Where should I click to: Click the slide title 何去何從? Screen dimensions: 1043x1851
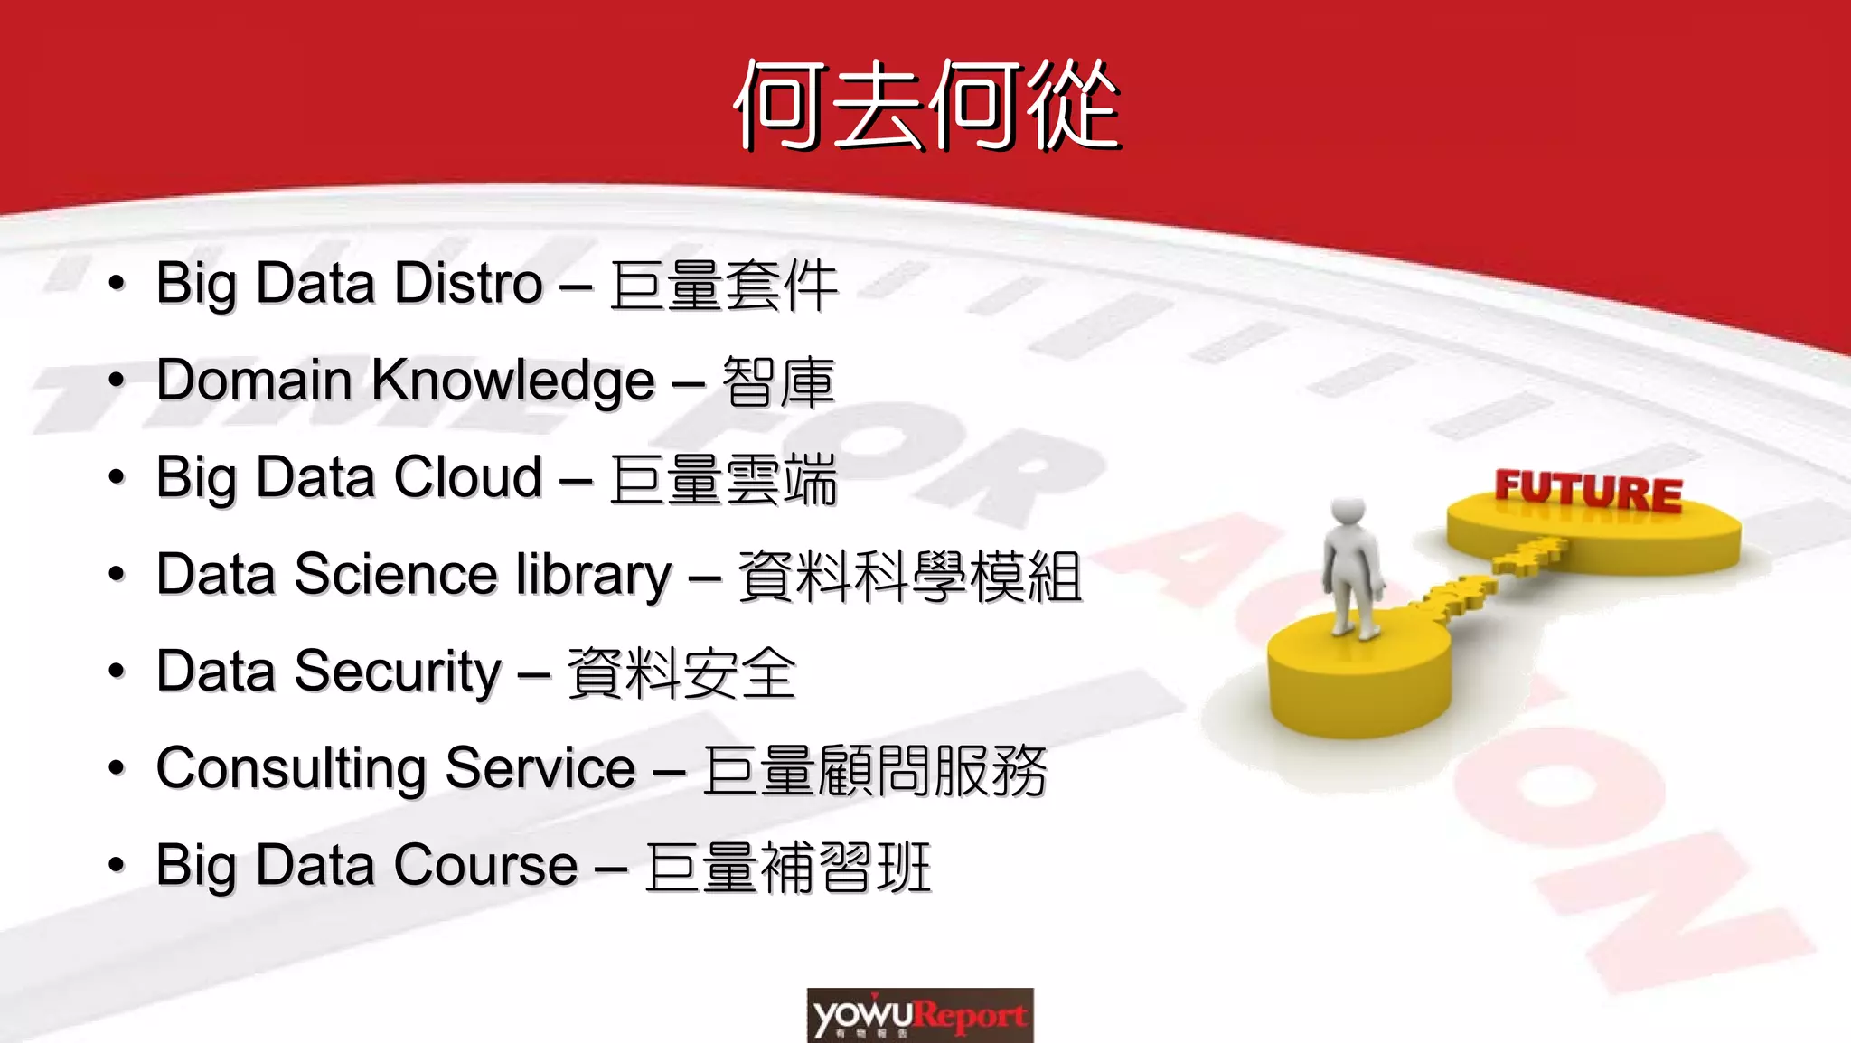925,105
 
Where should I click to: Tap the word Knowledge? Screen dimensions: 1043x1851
512,381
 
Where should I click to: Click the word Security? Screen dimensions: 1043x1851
397,672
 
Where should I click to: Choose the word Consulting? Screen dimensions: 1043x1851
290,769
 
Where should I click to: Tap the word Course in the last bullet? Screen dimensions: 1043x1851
485,866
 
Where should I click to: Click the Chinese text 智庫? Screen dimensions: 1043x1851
778,382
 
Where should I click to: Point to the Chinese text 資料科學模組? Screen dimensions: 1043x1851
909,577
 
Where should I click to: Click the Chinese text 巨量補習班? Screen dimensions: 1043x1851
787,868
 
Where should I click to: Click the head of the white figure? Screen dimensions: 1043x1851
1348,512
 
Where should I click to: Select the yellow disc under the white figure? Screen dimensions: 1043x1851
1358,673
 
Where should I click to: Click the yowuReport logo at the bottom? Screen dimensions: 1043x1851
920,1016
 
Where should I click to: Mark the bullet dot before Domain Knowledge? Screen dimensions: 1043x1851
116,381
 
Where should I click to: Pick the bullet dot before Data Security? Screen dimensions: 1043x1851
116,672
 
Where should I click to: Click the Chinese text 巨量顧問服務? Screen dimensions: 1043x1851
874,771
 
